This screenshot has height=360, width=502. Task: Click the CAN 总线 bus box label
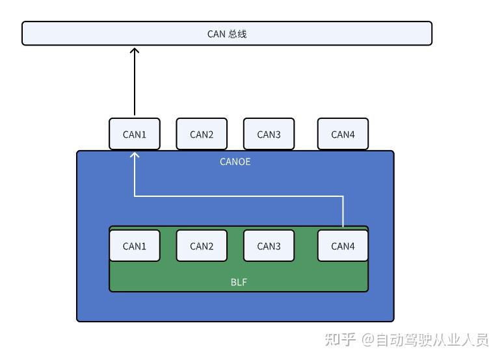(x=227, y=34)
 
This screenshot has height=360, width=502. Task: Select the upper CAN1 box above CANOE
(x=135, y=135)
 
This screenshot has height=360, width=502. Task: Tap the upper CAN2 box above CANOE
(x=202, y=135)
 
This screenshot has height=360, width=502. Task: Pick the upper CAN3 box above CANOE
(x=269, y=135)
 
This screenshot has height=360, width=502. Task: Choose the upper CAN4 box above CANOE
(x=343, y=135)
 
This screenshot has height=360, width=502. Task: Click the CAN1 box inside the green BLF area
(x=135, y=246)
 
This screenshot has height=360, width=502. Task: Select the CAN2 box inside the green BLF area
(x=202, y=246)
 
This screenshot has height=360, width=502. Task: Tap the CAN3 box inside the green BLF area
(x=269, y=246)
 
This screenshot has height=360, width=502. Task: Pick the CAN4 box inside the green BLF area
(x=343, y=246)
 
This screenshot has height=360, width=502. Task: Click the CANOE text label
(x=235, y=162)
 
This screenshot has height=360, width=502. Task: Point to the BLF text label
(x=239, y=282)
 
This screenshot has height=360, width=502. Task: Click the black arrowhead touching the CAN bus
(x=135, y=51)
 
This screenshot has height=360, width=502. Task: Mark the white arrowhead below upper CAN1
(x=135, y=155)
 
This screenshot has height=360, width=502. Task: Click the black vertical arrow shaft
(x=135, y=84)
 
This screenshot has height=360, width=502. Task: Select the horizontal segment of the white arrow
(x=239, y=196)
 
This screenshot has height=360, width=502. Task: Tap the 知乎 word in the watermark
(x=340, y=339)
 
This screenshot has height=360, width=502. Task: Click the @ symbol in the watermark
(x=369, y=340)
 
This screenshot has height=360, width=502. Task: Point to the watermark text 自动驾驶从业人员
(x=432, y=339)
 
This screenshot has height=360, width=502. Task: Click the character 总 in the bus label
(x=233, y=34)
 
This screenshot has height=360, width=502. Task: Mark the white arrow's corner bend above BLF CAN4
(x=343, y=196)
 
